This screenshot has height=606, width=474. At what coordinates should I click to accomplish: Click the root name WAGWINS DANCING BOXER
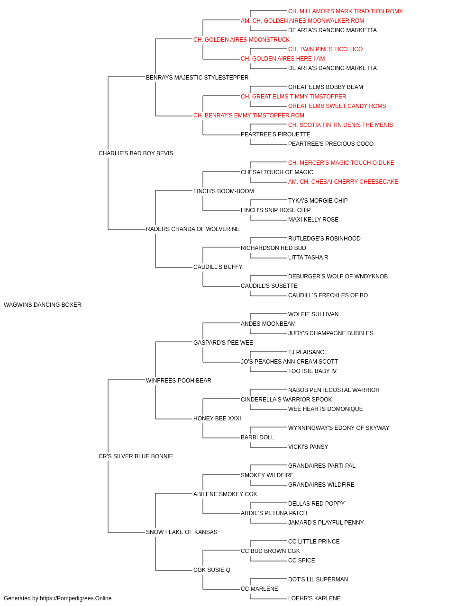coord(43,305)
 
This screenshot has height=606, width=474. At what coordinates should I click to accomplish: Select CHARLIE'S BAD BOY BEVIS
coord(136,153)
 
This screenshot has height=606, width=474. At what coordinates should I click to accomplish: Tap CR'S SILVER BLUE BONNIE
coord(136,456)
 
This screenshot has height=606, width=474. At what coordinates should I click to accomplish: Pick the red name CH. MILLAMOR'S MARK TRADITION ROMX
coord(346,11)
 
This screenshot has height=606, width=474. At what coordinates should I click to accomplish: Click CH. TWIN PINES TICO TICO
coord(325,49)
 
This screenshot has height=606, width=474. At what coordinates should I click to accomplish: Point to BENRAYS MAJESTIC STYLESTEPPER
coord(197,78)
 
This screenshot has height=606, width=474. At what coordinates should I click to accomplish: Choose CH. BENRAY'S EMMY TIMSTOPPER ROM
coord(249,116)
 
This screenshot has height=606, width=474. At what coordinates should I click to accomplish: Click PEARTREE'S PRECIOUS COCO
coord(330,144)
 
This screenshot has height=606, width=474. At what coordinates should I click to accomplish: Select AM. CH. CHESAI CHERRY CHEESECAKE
coord(343,182)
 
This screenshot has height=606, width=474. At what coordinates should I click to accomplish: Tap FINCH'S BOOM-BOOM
coord(224,191)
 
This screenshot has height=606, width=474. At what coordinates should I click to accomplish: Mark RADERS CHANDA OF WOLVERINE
coord(192,229)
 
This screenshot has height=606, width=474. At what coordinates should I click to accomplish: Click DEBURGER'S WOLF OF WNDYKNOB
coord(338,276)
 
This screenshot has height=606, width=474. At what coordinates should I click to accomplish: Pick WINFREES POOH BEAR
coord(178,381)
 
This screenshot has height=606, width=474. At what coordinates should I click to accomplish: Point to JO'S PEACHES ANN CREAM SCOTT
coord(289,362)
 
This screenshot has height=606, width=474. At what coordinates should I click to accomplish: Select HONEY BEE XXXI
coord(217,419)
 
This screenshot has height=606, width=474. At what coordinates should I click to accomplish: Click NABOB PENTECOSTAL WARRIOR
coord(334,390)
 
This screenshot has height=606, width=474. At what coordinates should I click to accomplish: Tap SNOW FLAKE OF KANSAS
coord(182,532)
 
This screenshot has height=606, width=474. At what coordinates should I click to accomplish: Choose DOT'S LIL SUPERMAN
coord(318,579)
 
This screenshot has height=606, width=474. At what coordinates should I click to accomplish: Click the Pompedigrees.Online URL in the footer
coord(76,598)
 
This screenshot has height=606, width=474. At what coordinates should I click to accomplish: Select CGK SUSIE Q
coord(212,570)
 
